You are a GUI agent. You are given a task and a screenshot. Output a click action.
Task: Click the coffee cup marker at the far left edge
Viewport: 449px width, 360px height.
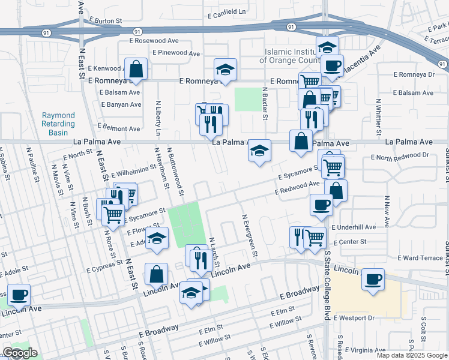[x=19, y=295]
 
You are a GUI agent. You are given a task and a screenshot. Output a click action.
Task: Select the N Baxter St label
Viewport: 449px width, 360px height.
[x=264, y=103]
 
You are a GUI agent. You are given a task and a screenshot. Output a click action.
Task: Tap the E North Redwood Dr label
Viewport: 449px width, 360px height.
[x=400, y=156]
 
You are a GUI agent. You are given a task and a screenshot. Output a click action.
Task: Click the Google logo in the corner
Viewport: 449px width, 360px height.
[x=20, y=353]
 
